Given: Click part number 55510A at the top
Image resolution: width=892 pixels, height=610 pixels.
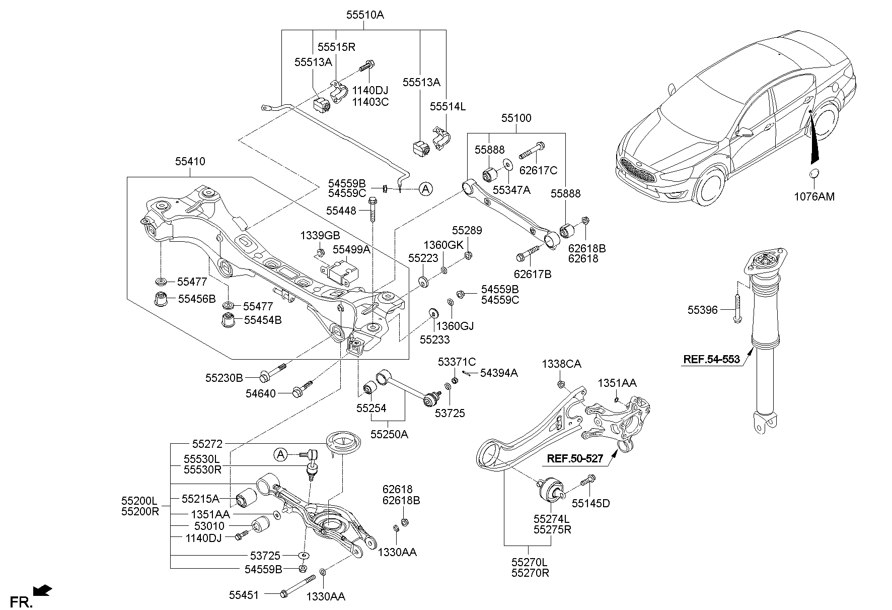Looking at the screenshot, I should [x=364, y=15].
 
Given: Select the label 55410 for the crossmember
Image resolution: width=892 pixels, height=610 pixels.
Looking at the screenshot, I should [x=190, y=162].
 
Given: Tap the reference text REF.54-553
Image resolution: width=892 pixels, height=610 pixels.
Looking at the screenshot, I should [x=711, y=359].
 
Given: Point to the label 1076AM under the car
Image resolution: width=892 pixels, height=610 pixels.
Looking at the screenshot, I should [x=814, y=196].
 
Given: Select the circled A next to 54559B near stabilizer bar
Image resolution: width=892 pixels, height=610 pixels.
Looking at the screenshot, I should [x=425, y=189].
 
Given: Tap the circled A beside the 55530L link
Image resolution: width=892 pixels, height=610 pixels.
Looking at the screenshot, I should [x=280, y=455].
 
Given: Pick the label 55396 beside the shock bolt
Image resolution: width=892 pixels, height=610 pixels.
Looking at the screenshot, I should [x=702, y=310].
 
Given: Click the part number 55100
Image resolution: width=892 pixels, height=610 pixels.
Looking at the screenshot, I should [x=516, y=118].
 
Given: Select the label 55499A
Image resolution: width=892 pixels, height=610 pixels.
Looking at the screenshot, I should [x=351, y=249].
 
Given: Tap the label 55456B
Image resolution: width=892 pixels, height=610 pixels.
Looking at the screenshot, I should [x=197, y=299].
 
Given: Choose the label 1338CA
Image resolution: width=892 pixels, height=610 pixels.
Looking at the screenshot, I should [x=561, y=364].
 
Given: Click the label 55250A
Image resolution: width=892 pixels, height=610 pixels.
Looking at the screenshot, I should [x=389, y=434].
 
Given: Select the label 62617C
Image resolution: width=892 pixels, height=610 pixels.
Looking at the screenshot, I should [x=538, y=171].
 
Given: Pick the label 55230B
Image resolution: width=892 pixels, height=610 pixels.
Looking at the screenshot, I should [x=224, y=377].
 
